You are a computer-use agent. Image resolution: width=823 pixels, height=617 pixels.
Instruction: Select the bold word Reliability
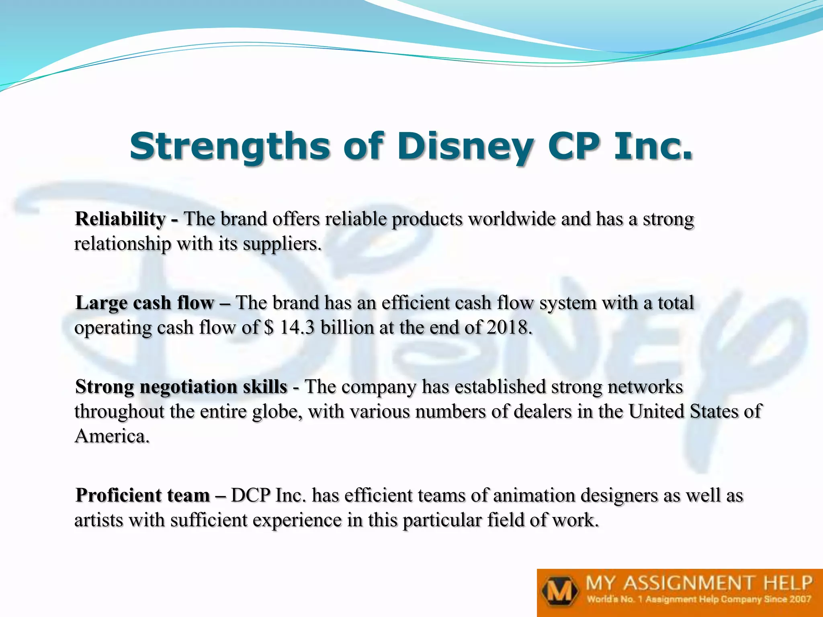120,219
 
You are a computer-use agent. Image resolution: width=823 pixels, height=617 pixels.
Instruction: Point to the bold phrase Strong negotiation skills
181,387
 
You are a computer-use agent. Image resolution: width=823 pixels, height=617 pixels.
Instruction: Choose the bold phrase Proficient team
143,495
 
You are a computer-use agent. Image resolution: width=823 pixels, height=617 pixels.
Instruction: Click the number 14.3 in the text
297,328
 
